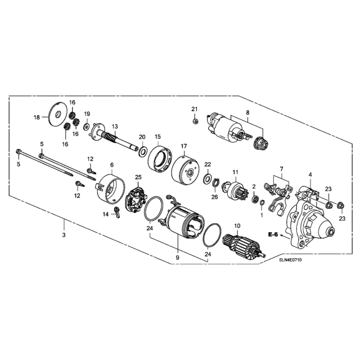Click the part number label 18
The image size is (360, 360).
(37, 118)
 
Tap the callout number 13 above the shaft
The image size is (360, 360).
(115, 126)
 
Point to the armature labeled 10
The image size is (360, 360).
(244, 245)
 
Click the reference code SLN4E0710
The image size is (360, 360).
(290, 260)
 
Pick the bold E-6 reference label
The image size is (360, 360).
(273, 235)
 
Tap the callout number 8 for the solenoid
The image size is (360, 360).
(247, 112)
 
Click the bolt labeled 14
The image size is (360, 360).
(117, 212)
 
